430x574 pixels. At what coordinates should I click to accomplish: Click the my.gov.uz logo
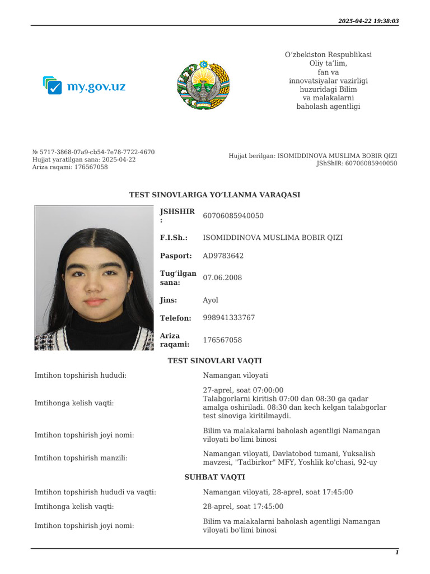tap(85, 86)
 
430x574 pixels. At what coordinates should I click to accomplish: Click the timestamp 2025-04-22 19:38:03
tap(368, 21)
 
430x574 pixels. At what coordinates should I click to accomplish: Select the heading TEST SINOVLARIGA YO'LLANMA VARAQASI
tap(214, 195)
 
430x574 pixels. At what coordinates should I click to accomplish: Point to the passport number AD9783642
tap(223, 256)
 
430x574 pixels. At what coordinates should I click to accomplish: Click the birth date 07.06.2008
tap(222, 277)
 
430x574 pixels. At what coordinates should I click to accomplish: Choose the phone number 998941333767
tap(228, 318)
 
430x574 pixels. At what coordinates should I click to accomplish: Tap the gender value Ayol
tap(211, 300)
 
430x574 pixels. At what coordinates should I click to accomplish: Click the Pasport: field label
tap(176, 256)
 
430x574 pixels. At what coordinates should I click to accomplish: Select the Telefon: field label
tap(175, 318)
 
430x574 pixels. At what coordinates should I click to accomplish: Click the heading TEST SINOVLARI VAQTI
tap(214, 361)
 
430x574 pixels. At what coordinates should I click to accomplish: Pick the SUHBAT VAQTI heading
tap(214, 477)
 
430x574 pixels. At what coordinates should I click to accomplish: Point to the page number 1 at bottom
tap(397, 553)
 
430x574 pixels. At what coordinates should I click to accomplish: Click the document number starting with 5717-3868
tap(94, 152)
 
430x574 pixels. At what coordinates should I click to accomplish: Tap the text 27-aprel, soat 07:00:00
tap(243, 390)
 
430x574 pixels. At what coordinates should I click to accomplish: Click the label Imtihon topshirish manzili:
tap(81, 458)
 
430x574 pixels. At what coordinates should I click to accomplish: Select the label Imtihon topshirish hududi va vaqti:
tap(95, 492)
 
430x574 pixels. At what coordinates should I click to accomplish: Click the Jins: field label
tap(169, 300)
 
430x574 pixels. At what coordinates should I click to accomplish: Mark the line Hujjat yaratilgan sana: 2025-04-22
tap(84, 159)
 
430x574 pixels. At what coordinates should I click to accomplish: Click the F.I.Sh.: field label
tap(174, 238)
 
